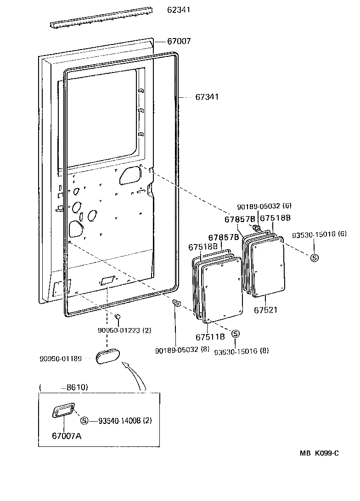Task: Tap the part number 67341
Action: [x=207, y=97]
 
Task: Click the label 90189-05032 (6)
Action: [x=264, y=206]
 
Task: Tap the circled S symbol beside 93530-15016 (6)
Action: [x=315, y=258]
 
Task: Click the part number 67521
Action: [x=265, y=311]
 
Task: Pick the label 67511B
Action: [x=210, y=337]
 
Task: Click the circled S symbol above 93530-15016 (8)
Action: [x=235, y=334]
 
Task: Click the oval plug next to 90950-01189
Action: [x=108, y=356]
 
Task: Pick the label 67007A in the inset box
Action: [x=67, y=435]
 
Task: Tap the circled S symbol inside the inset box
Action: [x=84, y=421]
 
